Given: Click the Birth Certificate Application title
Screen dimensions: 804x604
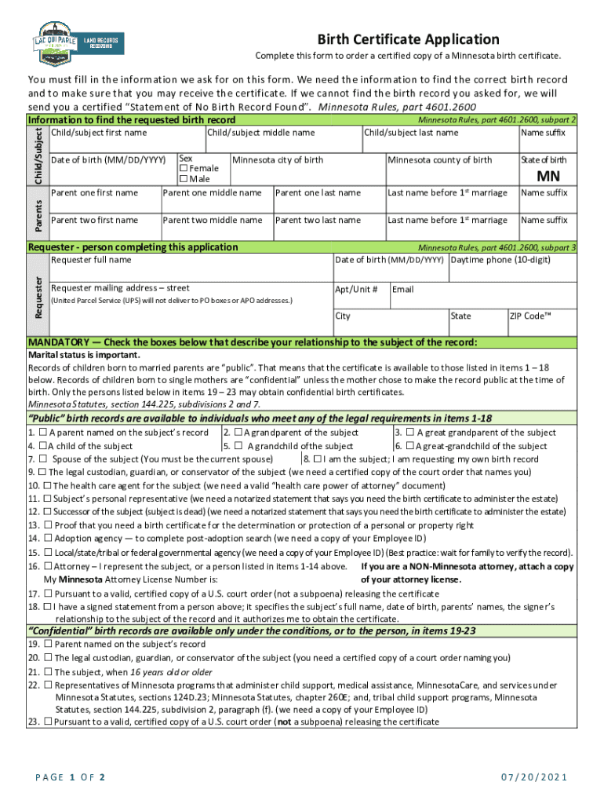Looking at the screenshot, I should coord(407,39).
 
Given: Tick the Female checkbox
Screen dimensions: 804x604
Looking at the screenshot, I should coord(184,169).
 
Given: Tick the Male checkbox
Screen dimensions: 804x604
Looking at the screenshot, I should coord(184,179).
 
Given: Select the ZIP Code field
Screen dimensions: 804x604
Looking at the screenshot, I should coord(541,323).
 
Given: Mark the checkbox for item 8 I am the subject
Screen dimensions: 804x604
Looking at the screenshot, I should coord(317,459).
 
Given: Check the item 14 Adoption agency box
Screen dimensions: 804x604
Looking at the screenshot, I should coord(48,538).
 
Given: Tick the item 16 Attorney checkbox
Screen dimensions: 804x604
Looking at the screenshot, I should coord(48,565).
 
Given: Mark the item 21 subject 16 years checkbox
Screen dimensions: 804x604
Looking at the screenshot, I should coord(48,671).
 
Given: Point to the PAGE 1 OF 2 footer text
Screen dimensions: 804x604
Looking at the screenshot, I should coord(71,777).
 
